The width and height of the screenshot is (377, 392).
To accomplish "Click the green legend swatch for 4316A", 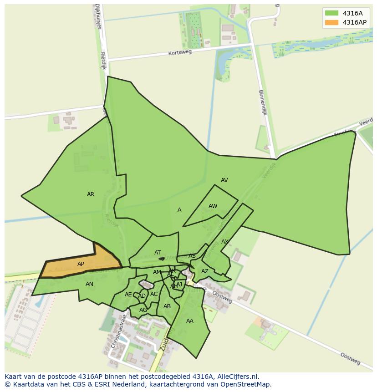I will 332,13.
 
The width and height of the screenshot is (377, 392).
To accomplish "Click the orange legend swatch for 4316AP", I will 332,22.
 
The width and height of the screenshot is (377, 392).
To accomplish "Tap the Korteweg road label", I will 180,52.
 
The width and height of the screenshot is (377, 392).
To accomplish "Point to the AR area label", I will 91,194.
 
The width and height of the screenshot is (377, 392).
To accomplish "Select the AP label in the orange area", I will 81,264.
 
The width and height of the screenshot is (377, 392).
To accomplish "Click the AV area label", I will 224,180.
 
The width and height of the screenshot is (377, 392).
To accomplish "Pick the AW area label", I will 213,206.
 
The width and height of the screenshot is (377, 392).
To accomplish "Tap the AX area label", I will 224,242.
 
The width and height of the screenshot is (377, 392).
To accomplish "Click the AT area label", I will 158,253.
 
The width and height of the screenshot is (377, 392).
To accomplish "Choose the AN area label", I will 89,284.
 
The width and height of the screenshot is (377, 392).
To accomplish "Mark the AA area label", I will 190,321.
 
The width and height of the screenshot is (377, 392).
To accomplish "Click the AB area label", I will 167,306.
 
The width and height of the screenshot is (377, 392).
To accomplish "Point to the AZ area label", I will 205,271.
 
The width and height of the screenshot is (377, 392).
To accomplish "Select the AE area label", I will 128,295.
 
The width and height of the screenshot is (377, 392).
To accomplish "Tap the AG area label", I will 143,310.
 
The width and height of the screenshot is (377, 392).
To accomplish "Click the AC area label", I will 154,294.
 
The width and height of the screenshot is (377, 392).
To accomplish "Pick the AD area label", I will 142,296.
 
